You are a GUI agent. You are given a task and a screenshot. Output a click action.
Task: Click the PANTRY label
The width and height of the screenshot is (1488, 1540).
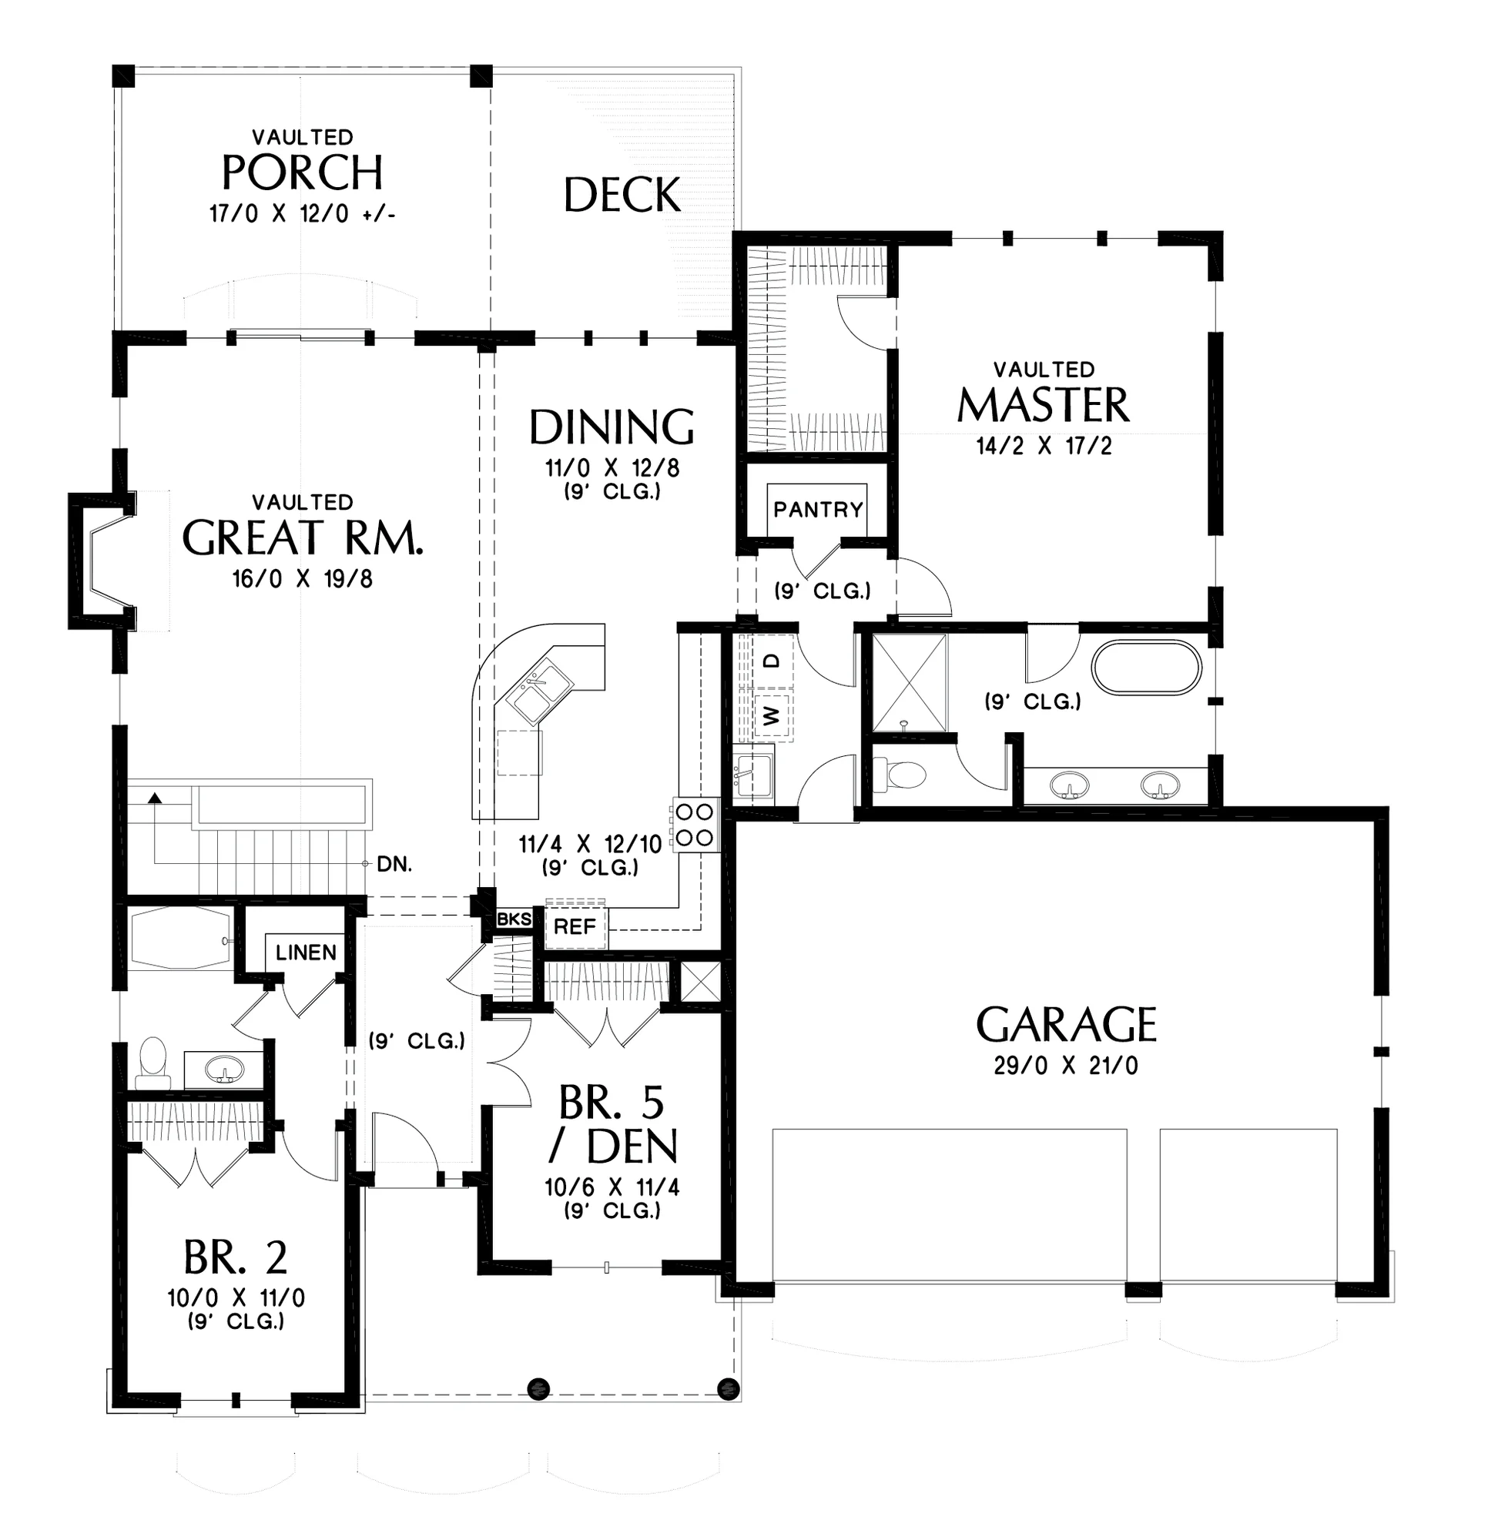point(817,510)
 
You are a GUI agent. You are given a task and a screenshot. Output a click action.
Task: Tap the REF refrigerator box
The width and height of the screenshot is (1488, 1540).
point(575,927)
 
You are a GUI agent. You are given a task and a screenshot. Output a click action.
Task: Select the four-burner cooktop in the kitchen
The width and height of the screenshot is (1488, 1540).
point(695,824)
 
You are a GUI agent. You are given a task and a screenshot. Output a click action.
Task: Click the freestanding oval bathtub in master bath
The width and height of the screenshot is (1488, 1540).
point(1147,668)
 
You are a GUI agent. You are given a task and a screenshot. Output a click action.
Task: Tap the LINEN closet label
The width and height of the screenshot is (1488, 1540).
point(306,952)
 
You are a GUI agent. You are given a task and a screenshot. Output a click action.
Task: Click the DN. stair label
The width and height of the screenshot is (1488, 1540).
point(394,864)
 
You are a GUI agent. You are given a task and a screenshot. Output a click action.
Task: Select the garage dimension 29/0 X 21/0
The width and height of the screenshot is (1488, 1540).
point(1066,1066)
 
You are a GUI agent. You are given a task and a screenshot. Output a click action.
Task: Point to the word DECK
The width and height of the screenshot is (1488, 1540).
point(622,195)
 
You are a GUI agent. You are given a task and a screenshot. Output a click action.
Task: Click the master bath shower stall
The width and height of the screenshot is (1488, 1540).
point(910,684)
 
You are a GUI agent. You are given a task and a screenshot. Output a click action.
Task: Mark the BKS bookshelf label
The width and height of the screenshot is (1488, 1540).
point(514,919)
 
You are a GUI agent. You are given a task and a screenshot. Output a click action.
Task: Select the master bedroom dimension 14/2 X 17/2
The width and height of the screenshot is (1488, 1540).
point(1044,447)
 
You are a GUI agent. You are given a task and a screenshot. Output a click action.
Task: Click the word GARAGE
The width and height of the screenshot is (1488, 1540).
point(1066,1025)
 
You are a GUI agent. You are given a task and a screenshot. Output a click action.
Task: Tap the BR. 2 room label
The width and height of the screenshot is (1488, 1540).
point(236,1257)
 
